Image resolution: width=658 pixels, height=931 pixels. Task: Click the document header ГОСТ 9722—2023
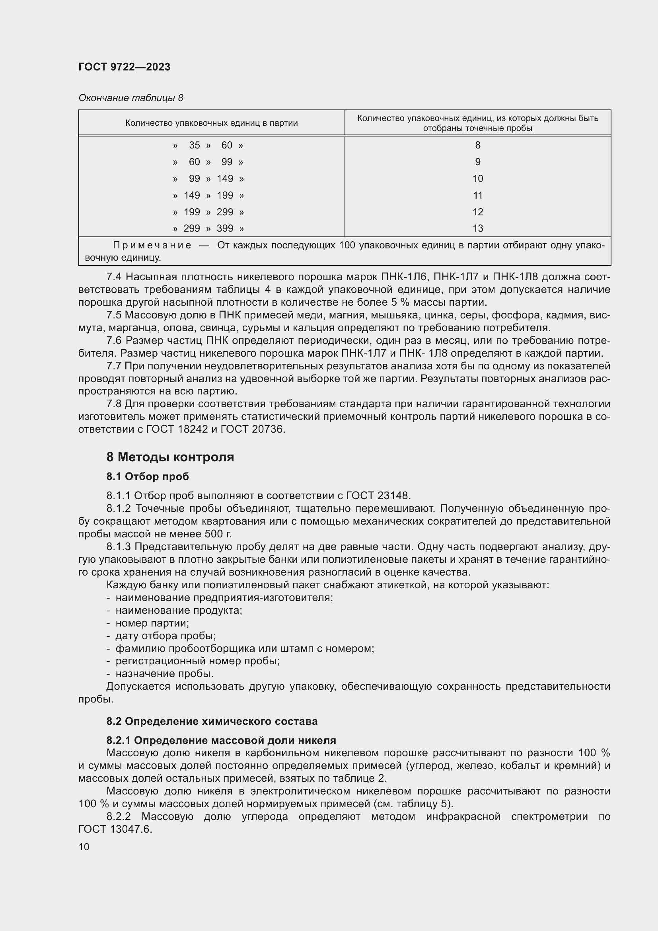pyautogui.click(x=125, y=67)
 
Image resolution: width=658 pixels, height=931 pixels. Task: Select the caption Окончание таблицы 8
pyautogui.click(x=130, y=98)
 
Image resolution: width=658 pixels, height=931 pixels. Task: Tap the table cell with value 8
pyautogui.click(x=477, y=145)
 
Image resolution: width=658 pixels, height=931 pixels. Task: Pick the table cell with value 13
pyautogui.click(x=477, y=228)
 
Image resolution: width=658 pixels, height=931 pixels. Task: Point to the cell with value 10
pyautogui.click(x=477, y=178)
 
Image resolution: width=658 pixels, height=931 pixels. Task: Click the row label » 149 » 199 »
pyautogui.click(x=208, y=195)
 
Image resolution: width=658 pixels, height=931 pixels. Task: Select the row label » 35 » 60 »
pyautogui.click(x=208, y=145)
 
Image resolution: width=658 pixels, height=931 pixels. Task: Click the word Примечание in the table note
pyautogui.click(x=152, y=245)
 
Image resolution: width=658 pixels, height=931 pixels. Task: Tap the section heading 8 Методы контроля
pyautogui.click(x=170, y=457)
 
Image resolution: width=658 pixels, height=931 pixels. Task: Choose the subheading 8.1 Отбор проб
pyautogui.click(x=148, y=476)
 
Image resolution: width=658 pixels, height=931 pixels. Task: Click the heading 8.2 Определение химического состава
pyautogui.click(x=212, y=721)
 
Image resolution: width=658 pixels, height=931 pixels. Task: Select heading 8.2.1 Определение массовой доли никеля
pyautogui.click(x=221, y=740)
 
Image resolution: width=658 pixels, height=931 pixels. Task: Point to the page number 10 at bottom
pyautogui.click(x=84, y=847)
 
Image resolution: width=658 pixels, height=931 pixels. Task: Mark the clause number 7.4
pyautogui.click(x=114, y=277)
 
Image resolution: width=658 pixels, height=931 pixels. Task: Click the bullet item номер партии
pyautogui.click(x=152, y=623)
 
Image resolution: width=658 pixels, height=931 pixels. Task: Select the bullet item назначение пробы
pyautogui.click(x=165, y=673)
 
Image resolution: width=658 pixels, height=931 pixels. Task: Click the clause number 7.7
pyautogui.click(x=114, y=366)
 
